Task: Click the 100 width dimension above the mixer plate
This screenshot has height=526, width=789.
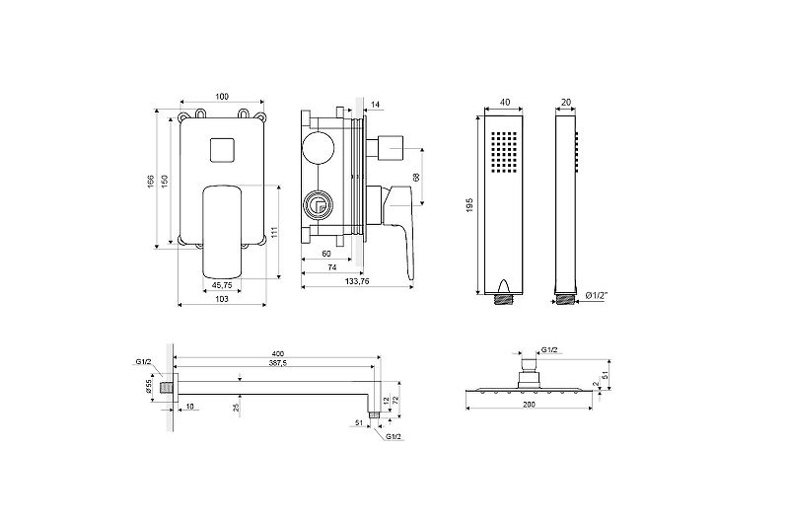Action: [x=222, y=96]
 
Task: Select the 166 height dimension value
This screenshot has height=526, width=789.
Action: [x=151, y=182]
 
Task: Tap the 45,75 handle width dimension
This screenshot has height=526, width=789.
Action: [x=222, y=285]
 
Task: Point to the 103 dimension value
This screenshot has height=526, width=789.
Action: [x=222, y=299]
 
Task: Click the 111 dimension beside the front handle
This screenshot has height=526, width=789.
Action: [x=274, y=232]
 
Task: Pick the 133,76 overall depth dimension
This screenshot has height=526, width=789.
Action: [x=357, y=281]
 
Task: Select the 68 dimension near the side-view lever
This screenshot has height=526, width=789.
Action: [x=415, y=178]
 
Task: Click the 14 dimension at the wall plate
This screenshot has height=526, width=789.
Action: [x=376, y=105]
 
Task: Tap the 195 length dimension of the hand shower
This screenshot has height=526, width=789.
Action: [x=470, y=204]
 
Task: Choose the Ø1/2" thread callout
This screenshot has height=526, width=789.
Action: [x=598, y=296]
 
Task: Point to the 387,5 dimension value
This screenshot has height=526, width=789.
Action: [x=278, y=362]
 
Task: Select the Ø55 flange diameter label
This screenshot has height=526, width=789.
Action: [x=150, y=386]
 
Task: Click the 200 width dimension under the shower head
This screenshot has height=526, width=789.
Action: [x=529, y=405]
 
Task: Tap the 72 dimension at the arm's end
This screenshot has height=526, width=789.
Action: [x=395, y=400]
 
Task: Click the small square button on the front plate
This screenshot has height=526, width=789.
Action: [x=222, y=150]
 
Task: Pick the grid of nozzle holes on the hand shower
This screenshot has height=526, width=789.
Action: [x=504, y=152]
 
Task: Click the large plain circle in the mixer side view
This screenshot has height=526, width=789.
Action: [x=318, y=149]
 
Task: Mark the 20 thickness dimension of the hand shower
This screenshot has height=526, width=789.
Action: [x=566, y=103]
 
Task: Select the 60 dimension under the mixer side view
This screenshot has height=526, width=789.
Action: [x=326, y=254]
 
